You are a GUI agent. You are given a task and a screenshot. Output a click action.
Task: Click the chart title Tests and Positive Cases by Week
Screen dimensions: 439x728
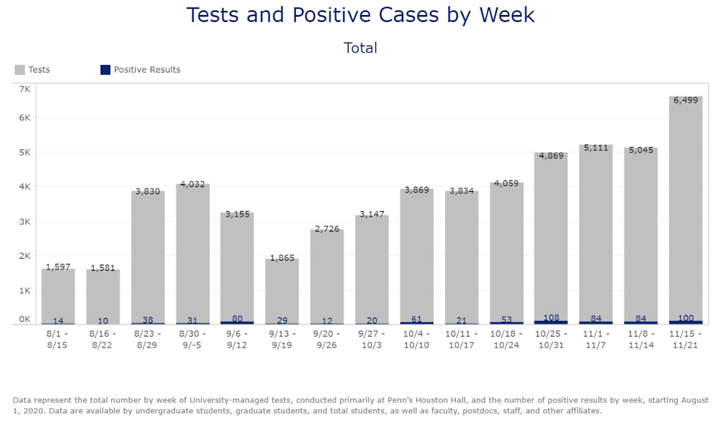pyautogui.click(x=360, y=15)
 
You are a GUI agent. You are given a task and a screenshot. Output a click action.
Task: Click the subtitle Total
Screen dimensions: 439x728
pyautogui.click(x=360, y=48)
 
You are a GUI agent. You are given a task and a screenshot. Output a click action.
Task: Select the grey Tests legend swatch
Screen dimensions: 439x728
pyautogui.click(x=20, y=70)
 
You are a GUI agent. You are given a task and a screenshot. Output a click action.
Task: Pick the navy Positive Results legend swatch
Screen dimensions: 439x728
pyautogui.click(x=105, y=70)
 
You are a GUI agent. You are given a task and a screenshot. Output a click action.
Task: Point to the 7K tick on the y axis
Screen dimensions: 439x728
pyautogui.click(x=25, y=88)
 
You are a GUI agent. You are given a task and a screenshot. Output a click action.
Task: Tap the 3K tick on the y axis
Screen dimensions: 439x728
pyautogui.click(x=25, y=221)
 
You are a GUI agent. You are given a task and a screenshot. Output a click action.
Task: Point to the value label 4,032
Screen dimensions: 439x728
pyautogui.click(x=192, y=184)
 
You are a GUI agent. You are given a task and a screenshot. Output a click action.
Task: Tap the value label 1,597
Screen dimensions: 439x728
pyautogui.click(x=58, y=267)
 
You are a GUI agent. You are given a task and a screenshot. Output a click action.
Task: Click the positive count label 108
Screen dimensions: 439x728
pyautogui.click(x=551, y=318)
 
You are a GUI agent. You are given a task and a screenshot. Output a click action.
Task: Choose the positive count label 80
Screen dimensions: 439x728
pyautogui.click(x=237, y=319)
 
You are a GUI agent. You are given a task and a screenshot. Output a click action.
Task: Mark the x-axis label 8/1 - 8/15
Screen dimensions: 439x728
pyautogui.click(x=58, y=340)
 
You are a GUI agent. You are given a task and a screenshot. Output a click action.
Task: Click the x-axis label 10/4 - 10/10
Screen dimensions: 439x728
pyautogui.click(x=417, y=340)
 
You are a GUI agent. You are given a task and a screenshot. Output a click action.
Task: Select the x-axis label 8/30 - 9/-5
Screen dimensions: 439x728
pyautogui.click(x=192, y=340)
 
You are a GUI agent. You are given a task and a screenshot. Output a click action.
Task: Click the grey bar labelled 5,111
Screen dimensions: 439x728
pyautogui.click(x=596, y=231)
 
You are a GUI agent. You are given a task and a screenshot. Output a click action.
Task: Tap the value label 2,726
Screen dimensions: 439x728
pyautogui.click(x=327, y=229)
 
